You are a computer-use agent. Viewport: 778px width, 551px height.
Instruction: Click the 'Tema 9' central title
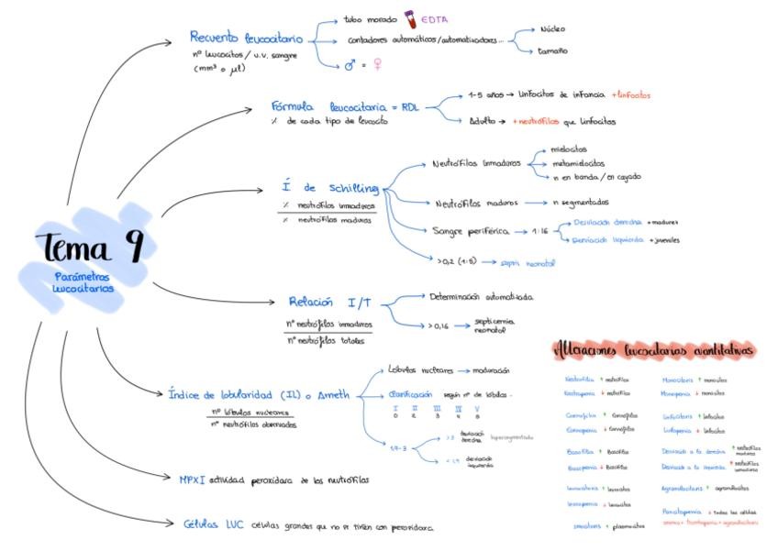90,247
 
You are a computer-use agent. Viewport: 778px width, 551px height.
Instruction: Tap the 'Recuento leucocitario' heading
246,38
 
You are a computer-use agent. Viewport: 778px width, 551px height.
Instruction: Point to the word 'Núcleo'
554,29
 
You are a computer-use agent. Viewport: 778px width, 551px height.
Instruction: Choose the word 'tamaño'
553,50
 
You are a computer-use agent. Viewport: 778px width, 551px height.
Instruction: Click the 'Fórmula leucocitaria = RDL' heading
345,106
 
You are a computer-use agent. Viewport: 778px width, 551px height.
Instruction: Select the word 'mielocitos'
570,149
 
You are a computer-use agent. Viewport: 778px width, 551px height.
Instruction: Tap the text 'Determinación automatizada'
481,297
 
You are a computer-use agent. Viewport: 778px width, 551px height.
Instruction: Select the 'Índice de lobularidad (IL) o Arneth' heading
260,395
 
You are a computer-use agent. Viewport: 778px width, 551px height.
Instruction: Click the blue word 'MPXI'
193,479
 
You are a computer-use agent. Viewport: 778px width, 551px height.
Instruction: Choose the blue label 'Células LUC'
214,524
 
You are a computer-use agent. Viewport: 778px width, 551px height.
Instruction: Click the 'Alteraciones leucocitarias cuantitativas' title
654,349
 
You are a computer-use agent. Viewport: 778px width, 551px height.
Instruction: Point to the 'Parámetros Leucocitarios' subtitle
83,282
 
